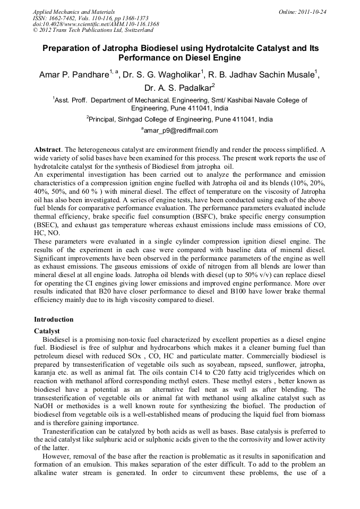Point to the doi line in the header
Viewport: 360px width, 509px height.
tap(96, 24)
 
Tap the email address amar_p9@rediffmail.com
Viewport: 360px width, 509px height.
tap(181, 130)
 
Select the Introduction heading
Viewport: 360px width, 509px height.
tap(54, 320)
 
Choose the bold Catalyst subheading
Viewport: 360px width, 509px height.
tap(47, 331)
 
